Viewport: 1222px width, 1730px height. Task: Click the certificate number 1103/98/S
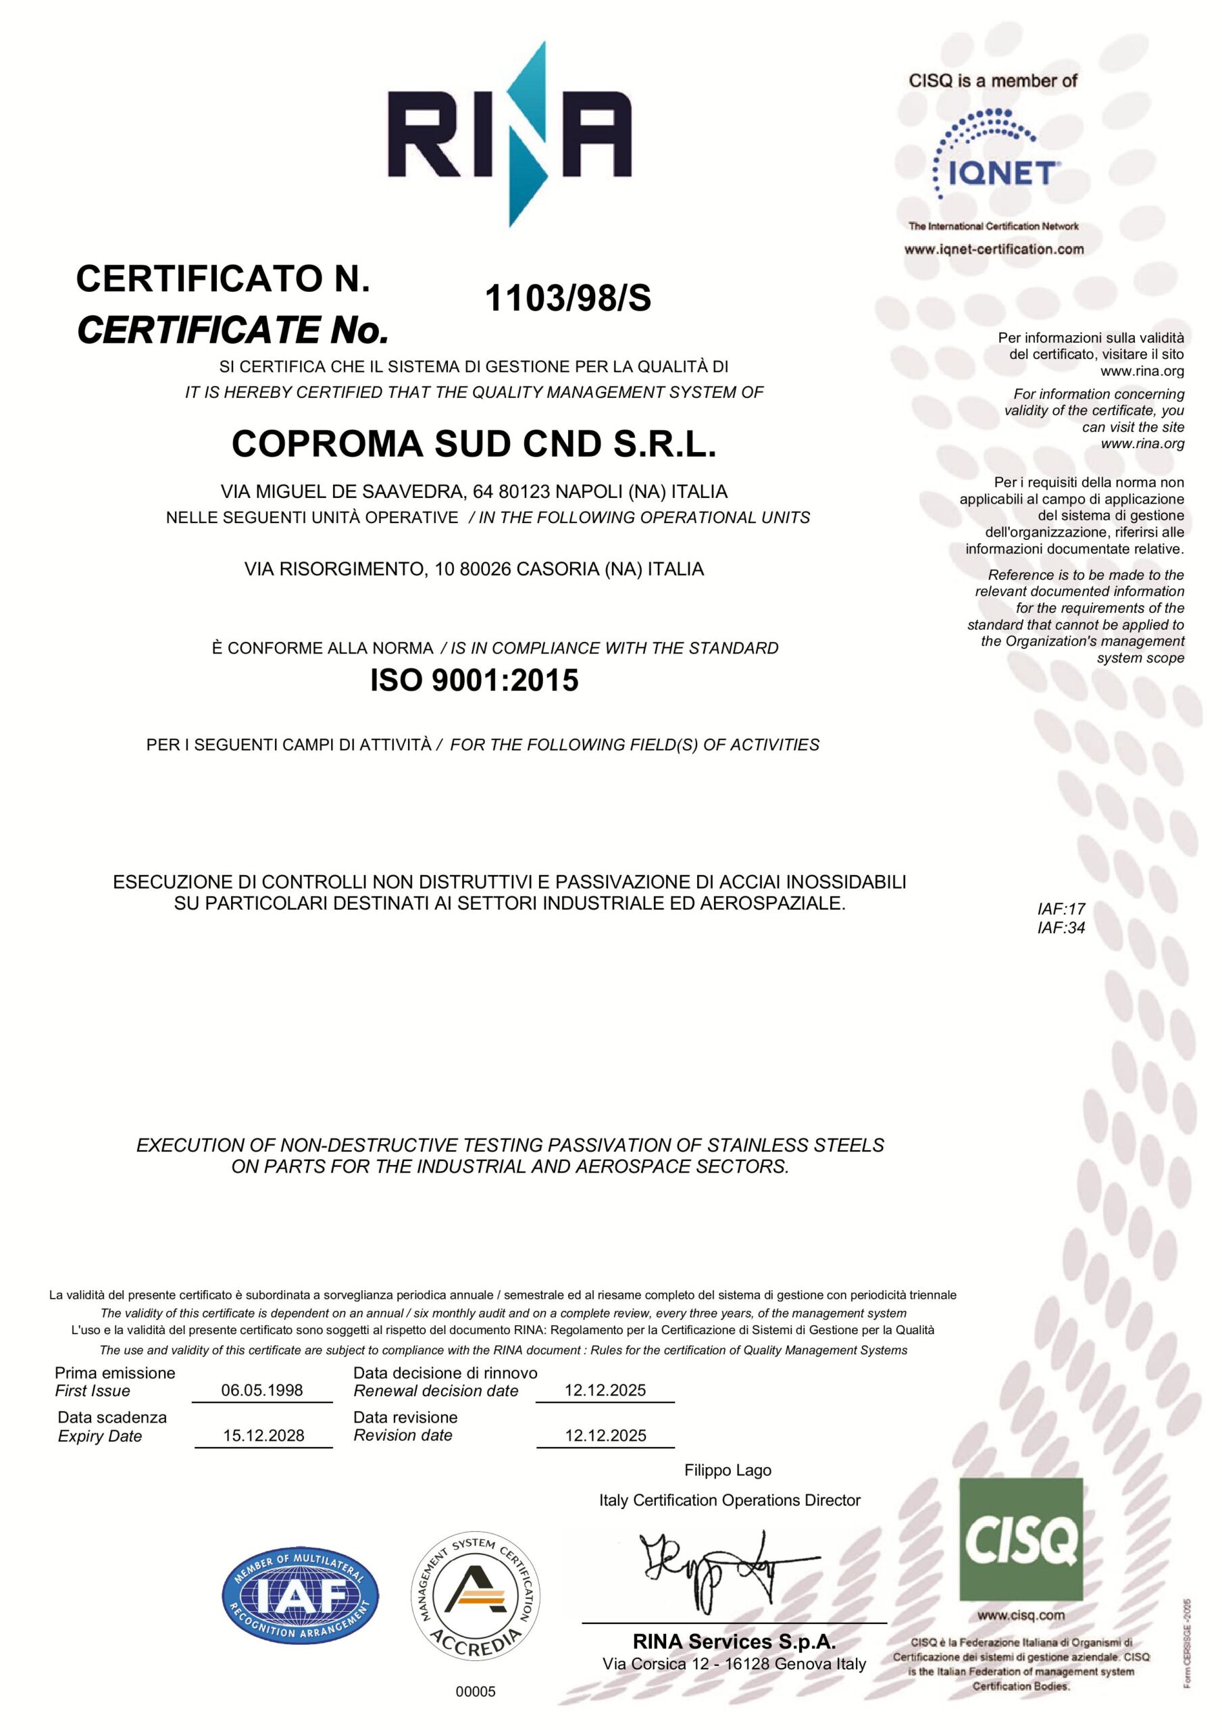point(568,299)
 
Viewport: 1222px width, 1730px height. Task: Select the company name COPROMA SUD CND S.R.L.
point(474,444)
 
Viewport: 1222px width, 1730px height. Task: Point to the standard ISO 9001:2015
point(474,681)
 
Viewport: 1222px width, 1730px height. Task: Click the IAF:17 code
point(1061,909)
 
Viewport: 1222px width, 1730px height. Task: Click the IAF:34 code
point(1061,928)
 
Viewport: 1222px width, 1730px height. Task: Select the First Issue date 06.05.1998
point(262,1390)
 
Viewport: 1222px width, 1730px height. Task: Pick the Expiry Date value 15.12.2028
point(263,1435)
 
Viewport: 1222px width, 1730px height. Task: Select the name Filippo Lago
point(728,1470)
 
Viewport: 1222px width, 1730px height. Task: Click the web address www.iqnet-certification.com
point(994,249)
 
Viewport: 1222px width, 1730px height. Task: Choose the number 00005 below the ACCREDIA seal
point(476,1691)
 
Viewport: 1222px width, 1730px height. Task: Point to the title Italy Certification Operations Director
point(730,1500)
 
